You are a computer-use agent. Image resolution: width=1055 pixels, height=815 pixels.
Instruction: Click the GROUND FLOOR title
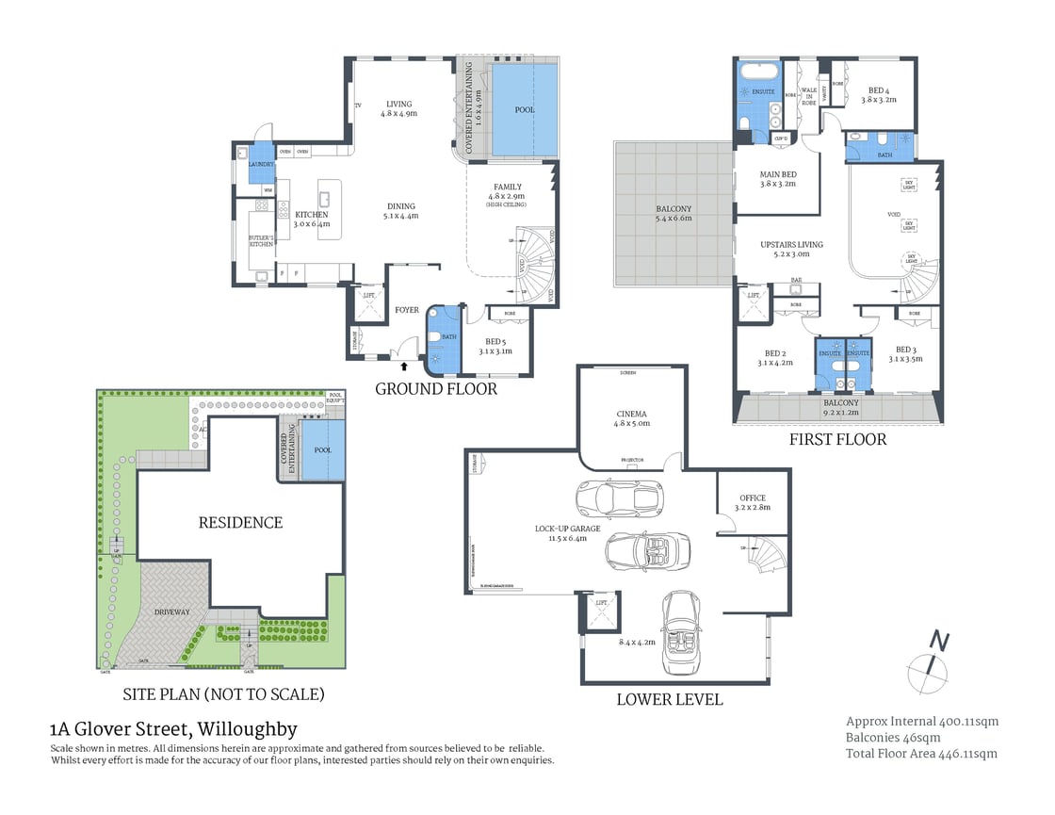(436, 388)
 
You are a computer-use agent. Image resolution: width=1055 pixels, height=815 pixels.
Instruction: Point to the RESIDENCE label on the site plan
(240, 522)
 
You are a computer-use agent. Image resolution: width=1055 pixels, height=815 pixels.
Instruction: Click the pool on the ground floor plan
(524, 109)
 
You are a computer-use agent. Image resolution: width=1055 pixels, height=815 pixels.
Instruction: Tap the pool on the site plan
(323, 450)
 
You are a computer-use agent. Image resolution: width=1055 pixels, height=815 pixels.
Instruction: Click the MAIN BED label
(778, 179)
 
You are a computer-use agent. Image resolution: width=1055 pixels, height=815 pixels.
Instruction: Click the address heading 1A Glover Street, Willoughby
(173, 728)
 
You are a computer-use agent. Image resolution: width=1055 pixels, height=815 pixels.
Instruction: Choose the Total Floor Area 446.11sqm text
(921, 753)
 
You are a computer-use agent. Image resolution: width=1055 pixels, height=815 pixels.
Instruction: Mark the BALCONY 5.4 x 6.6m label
(674, 214)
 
